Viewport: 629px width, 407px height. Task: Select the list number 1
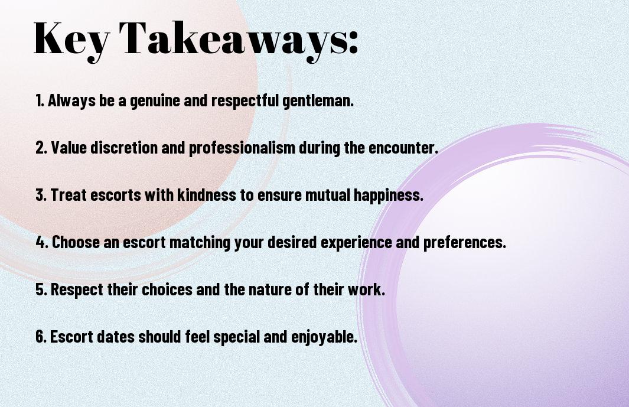pos(40,100)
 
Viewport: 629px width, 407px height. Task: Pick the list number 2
pos(41,148)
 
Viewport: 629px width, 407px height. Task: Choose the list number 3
pos(41,195)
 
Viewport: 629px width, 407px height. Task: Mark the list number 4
pos(41,242)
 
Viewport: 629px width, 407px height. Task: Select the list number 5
pos(41,289)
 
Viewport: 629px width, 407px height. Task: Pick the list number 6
pos(41,336)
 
